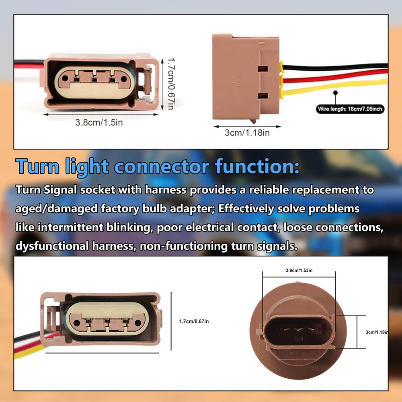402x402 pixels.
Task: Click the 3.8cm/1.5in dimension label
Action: [99, 122]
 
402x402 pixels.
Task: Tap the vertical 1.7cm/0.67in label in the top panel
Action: [171, 84]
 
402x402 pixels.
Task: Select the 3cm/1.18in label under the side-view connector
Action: [247, 133]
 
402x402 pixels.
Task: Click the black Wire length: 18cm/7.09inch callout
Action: [350, 109]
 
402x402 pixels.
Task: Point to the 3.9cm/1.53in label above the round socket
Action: [299, 270]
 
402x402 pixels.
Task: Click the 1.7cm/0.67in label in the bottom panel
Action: [194, 321]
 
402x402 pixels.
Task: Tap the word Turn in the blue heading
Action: [37, 166]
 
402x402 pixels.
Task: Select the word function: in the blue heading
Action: [257, 166]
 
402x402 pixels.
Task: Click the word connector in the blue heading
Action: [162, 167]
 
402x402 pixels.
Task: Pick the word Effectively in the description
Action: [246, 208]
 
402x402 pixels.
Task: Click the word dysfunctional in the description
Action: [52, 246]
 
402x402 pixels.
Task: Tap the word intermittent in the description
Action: [70, 227]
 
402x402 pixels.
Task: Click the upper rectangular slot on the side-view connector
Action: [263, 69]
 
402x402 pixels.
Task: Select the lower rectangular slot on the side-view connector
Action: [263, 96]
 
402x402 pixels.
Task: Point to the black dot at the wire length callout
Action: [335, 92]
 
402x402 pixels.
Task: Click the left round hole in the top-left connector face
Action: [66, 78]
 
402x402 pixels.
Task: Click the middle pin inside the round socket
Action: [298, 329]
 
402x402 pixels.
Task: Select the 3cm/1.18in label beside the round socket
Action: [377, 332]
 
